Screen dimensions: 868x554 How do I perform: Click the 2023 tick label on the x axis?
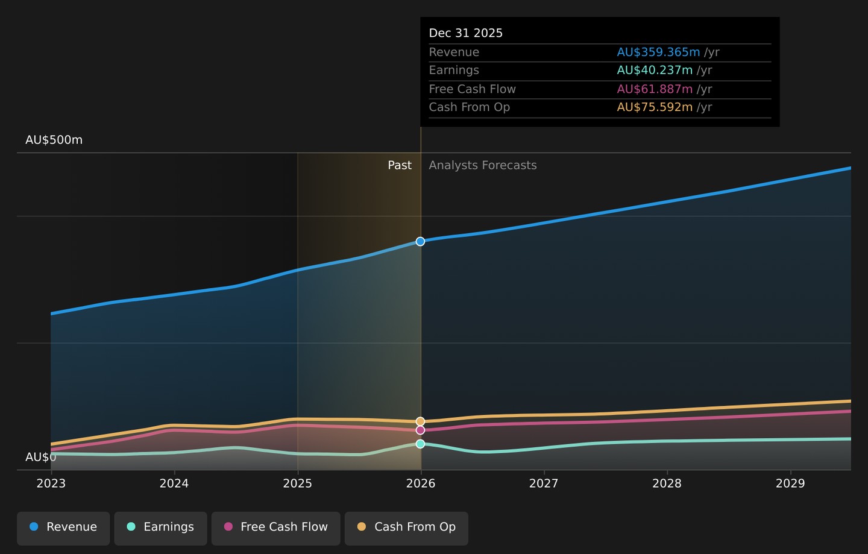[51, 483]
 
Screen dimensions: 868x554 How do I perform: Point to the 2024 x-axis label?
[174, 483]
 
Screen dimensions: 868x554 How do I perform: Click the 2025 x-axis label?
[298, 483]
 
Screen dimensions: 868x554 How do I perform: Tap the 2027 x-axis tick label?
[544, 483]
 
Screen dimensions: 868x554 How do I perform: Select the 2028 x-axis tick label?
[667, 483]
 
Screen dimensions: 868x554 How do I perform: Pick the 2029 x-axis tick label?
[790, 483]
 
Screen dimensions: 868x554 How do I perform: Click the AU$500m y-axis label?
[54, 140]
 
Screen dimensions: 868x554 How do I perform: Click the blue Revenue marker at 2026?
[421, 241]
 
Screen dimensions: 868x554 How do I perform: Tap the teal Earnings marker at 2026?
[421, 444]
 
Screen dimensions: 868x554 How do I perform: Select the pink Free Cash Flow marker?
[421, 430]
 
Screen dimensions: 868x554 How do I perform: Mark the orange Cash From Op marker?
[421, 421]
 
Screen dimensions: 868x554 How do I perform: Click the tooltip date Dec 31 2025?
[466, 33]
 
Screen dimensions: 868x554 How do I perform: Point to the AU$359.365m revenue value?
[658, 52]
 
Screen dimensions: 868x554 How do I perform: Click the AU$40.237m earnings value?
[655, 70]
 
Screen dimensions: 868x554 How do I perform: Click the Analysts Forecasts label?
[483, 165]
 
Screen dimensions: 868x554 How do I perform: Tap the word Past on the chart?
[400, 165]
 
